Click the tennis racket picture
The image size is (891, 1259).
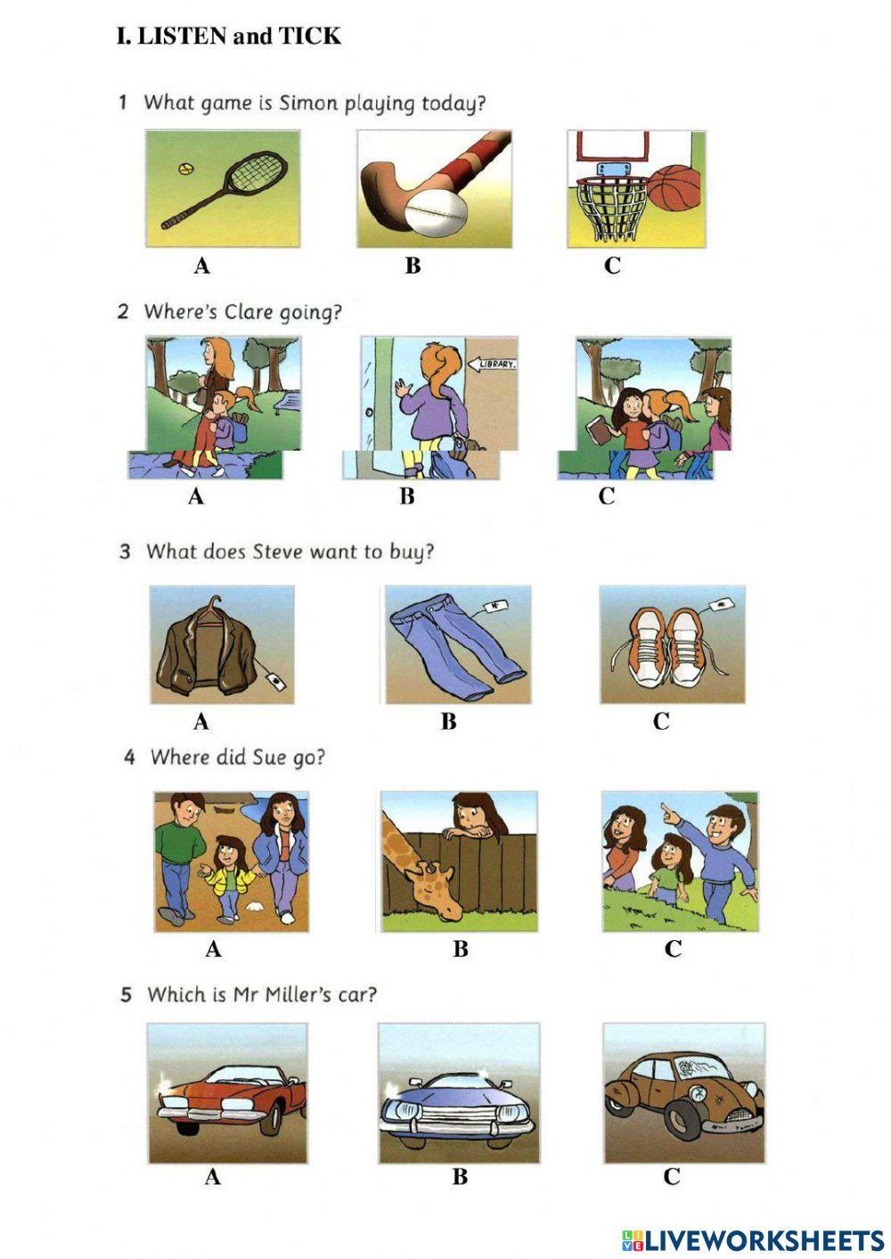tap(223, 189)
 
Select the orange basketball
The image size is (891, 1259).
tap(674, 186)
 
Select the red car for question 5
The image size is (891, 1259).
tap(227, 1092)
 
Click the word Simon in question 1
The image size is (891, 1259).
tap(309, 102)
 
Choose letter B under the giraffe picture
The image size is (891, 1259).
tap(460, 949)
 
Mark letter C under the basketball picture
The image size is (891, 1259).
tap(612, 266)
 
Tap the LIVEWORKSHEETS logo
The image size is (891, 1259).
tap(752, 1239)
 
